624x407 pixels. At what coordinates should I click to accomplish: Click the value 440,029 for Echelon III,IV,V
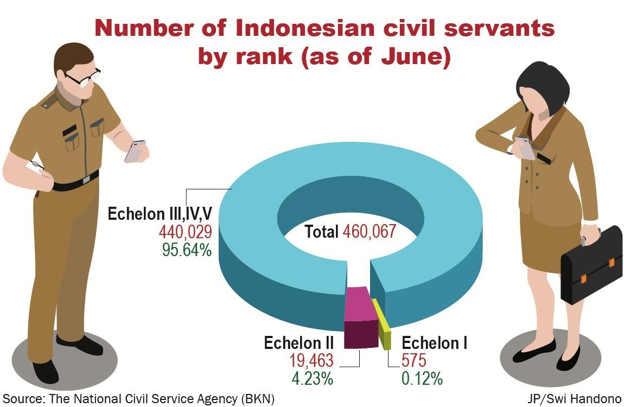pyautogui.click(x=185, y=232)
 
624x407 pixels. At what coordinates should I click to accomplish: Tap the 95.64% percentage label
pyautogui.click(x=187, y=250)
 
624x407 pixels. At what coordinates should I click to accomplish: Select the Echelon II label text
pyautogui.click(x=299, y=343)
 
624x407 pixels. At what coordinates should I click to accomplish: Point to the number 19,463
pyautogui.click(x=311, y=360)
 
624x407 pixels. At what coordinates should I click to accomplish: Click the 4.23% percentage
pyautogui.click(x=313, y=378)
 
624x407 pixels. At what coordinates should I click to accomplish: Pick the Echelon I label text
pyautogui.click(x=435, y=343)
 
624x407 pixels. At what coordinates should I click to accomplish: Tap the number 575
pyautogui.click(x=414, y=360)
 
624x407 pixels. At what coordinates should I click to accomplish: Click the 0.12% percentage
pyautogui.click(x=422, y=378)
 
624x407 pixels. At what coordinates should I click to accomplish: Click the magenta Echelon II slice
pyautogui.click(x=360, y=317)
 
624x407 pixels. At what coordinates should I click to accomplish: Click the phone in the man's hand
pyautogui.click(x=135, y=151)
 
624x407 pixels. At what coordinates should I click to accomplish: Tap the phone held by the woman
pyautogui.click(x=525, y=148)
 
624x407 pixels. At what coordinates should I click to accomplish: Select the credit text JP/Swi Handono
pyautogui.click(x=574, y=399)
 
